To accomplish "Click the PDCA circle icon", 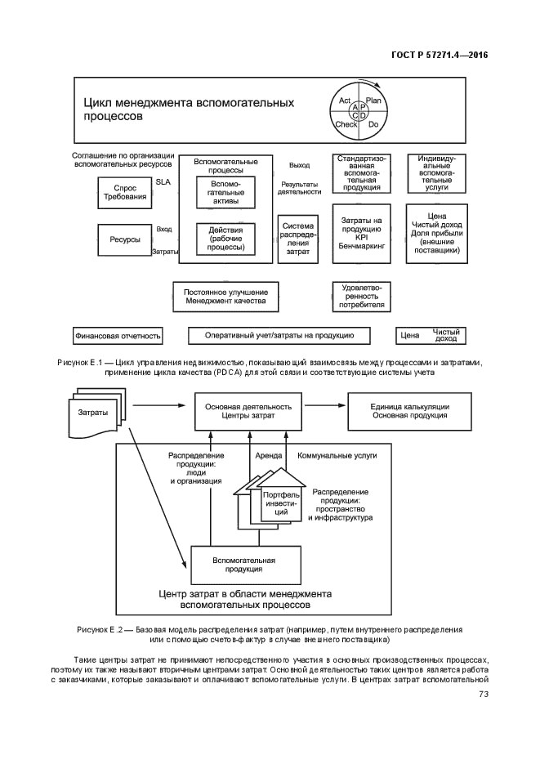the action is tap(359, 112).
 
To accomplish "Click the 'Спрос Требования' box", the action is tap(125, 193).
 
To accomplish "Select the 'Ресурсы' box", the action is tap(125, 239).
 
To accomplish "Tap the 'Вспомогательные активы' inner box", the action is tap(226, 193).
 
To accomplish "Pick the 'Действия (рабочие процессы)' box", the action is tap(226, 239).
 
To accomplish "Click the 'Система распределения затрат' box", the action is tap(298, 239).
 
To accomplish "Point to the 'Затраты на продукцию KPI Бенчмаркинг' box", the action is tap(362, 234).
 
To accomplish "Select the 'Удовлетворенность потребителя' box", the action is tap(362, 297).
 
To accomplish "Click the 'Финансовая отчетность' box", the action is tap(118, 336).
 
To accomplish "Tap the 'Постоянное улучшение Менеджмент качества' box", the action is tap(226, 297).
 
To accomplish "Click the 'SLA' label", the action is tap(163, 181).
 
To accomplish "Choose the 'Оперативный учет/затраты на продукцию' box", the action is tap(279, 335).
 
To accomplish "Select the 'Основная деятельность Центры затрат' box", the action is tap(248, 411).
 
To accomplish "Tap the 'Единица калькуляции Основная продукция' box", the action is tap(409, 411).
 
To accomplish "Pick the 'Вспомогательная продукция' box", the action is tap(246, 565).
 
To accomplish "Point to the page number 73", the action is tap(484, 694).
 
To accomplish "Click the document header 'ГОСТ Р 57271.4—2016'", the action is tap(440, 55).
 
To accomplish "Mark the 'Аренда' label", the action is tap(269, 456).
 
